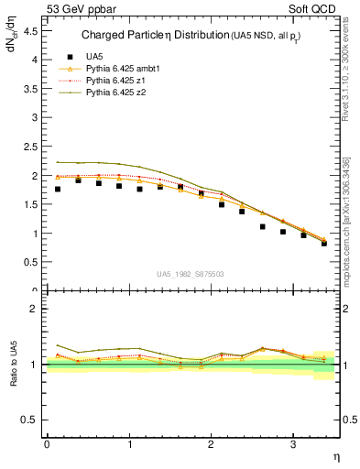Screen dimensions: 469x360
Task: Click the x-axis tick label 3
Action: (x=292, y=444)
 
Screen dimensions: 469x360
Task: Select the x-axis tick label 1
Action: (x=128, y=444)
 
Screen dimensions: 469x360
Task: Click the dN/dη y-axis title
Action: (x=15, y=46)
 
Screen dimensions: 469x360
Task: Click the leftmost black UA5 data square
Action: (x=58, y=190)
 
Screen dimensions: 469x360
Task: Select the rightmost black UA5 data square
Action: (x=324, y=243)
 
